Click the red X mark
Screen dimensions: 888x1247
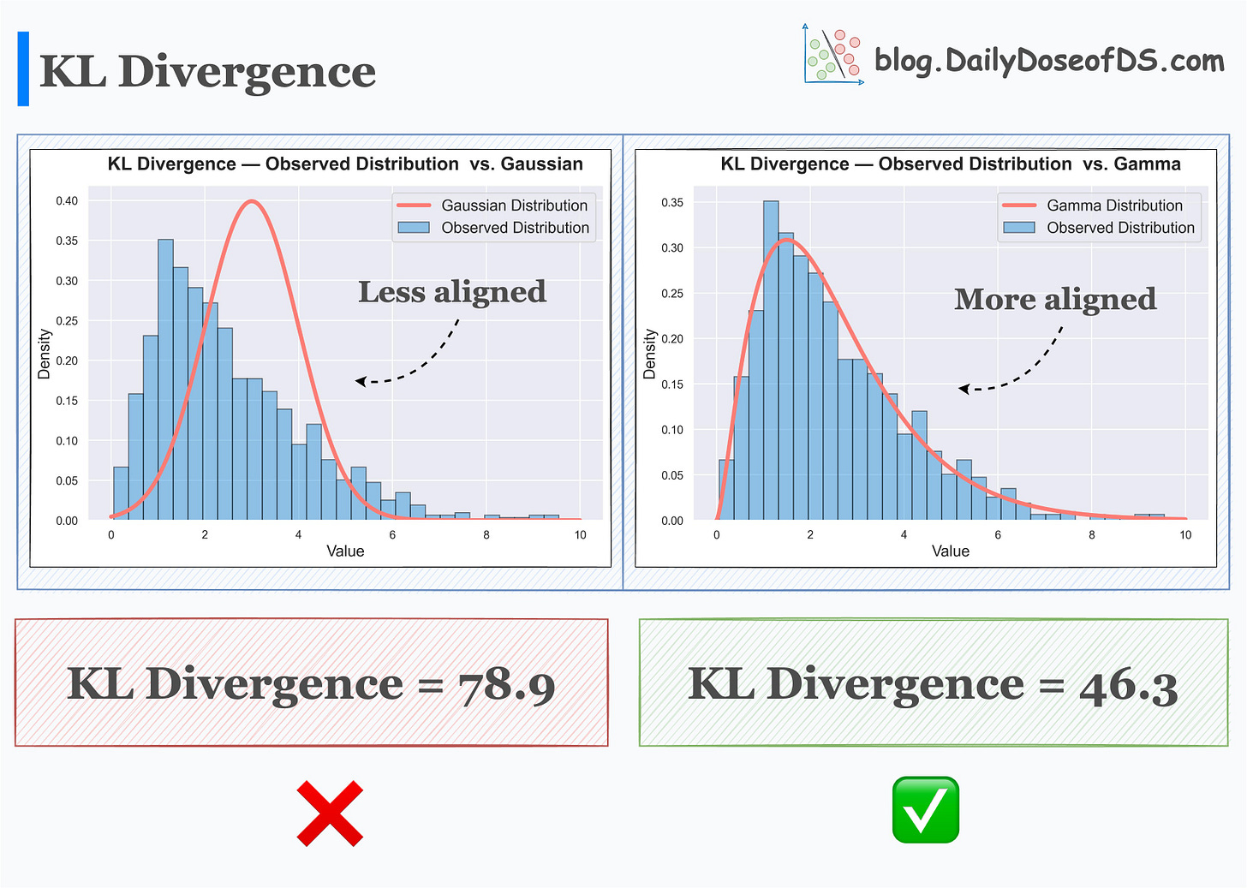click(x=330, y=814)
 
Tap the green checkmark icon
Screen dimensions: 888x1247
click(x=925, y=810)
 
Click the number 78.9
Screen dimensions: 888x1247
click(x=507, y=686)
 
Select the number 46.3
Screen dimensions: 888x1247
click(x=1128, y=686)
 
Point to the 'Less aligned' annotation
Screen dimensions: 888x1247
click(x=451, y=292)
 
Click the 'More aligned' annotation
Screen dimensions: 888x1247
click(x=1055, y=299)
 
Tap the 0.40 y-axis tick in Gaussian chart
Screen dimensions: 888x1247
click(x=67, y=201)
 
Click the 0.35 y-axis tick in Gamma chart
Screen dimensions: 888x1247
click(x=672, y=203)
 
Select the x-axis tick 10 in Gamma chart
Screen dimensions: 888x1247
click(x=1185, y=535)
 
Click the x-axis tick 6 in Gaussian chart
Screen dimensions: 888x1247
click(x=392, y=535)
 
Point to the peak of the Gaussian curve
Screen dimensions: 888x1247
click(x=251, y=201)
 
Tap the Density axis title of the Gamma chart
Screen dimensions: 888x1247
click(x=650, y=354)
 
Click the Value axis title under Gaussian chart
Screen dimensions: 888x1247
click(x=345, y=551)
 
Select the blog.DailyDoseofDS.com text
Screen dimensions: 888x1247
click(x=1049, y=61)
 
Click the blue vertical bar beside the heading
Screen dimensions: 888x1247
click(x=23, y=69)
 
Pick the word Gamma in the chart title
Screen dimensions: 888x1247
click(x=1147, y=164)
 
